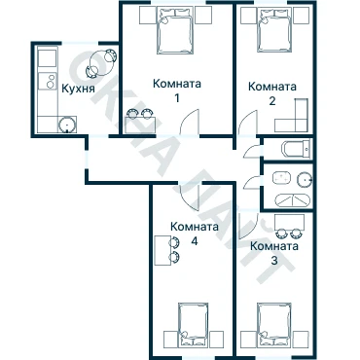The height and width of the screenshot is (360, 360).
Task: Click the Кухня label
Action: [78, 89]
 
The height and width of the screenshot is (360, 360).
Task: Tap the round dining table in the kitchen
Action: [102, 63]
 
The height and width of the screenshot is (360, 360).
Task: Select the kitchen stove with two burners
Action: [48, 81]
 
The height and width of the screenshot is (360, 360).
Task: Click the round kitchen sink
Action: [67, 125]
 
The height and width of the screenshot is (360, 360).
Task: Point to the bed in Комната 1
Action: [175, 30]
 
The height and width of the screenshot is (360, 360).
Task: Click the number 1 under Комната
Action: [177, 97]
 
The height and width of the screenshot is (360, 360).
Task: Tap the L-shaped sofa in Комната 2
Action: [291, 116]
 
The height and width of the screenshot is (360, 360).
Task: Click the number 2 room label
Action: [272, 101]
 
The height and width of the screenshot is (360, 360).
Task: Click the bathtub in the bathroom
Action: [292, 200]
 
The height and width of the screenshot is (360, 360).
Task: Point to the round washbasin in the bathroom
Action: [305, 178]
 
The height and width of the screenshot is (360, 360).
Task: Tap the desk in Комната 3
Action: [289, 222]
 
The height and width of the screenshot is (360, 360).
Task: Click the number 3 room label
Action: [274, 261]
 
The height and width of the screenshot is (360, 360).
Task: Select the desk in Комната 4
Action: [162, 251]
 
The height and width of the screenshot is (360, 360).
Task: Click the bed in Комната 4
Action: [194, 325]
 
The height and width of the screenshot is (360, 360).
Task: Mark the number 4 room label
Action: [195, 241]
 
